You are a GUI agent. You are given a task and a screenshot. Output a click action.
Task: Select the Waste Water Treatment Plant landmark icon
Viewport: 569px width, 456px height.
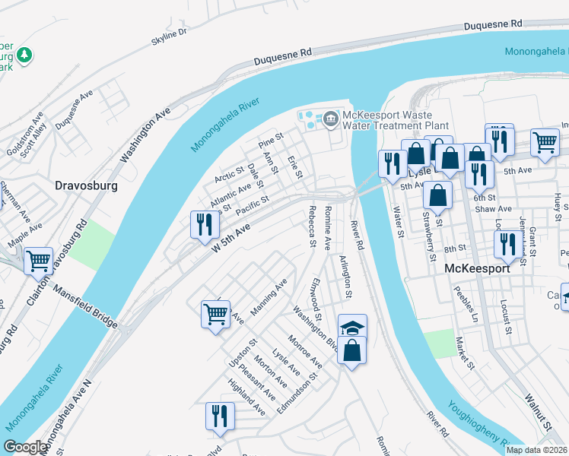[331, 118]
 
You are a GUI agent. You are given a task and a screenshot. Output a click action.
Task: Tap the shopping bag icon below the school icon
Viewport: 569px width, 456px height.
[352, 351]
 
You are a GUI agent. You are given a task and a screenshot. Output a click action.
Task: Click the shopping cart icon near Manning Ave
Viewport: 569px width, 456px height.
[216, 313]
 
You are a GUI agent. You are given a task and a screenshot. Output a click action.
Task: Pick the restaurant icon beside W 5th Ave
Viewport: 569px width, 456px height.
[204, 224]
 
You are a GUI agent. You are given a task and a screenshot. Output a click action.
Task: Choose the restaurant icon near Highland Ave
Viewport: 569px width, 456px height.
[220, 416]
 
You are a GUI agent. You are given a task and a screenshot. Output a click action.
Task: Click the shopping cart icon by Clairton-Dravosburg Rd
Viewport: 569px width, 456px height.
[38, 261]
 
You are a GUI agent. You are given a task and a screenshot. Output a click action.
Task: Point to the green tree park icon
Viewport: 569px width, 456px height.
[24, 55]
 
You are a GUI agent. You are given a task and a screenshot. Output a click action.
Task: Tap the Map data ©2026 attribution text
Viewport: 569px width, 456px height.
[536, 450]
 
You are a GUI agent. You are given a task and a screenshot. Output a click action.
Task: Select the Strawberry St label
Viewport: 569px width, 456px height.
[428, 239]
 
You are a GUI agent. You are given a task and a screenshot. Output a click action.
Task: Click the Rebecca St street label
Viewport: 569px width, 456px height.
[312, 226]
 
